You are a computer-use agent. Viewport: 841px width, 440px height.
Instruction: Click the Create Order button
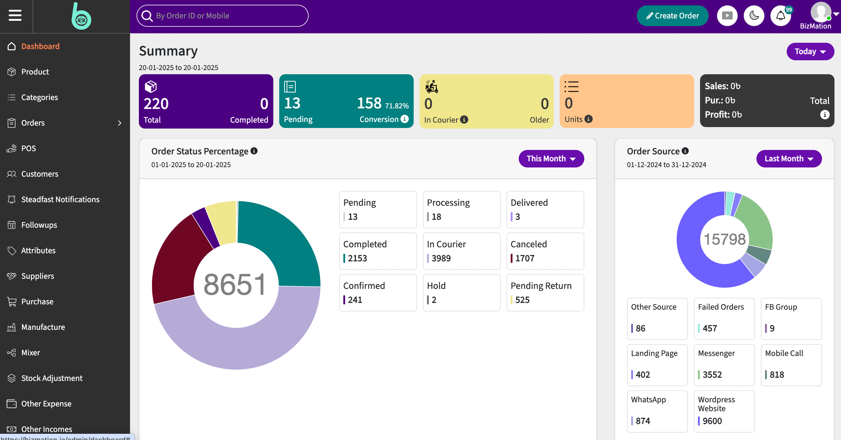[672, 16]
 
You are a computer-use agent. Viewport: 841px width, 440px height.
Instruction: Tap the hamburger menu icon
[15, 15]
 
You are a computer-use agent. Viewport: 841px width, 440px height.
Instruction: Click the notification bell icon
[780, 16]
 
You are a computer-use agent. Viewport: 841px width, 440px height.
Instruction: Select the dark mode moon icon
[754, 16]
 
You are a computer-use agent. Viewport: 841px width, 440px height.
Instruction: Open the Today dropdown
[810, 52]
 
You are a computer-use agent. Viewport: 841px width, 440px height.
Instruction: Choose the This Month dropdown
[551, 159]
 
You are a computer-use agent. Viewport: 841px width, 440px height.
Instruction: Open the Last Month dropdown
[789, 159]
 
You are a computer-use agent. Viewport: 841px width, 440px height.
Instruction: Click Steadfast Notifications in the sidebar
[61, 199]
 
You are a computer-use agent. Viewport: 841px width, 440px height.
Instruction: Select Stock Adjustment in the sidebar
[52, 378]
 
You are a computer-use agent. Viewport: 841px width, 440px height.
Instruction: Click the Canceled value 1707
[525, 258]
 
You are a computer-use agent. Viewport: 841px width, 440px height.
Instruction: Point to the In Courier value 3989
[441, 258]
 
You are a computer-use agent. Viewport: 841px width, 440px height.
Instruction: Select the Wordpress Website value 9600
[712, 421]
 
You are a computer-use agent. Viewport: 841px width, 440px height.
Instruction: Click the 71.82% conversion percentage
[397, 106]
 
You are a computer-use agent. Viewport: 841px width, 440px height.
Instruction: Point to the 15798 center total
[724, 239]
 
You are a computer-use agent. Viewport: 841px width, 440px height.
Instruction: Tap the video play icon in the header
[727, 16]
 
